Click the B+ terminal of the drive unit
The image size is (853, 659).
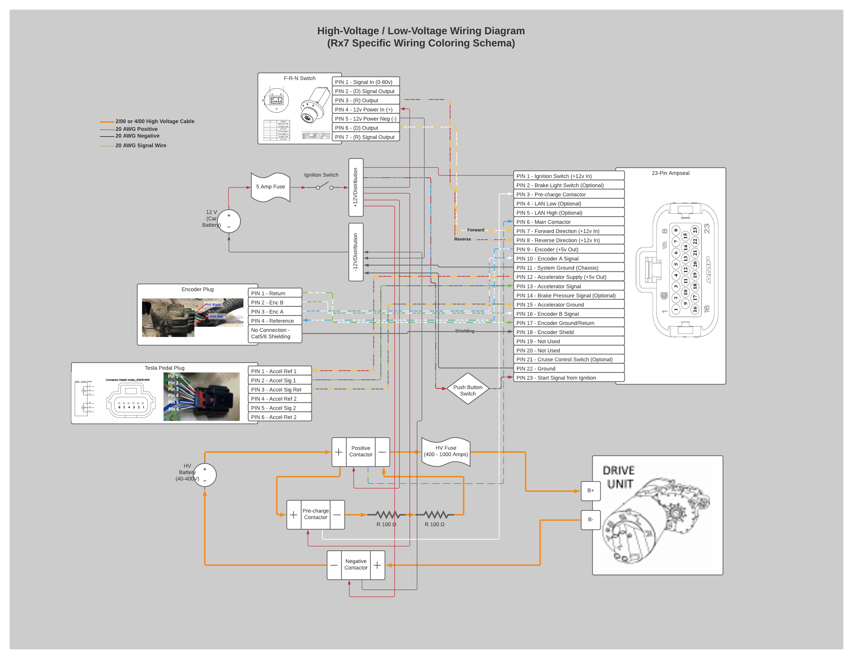point(591,491)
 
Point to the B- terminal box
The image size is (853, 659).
point(591,520)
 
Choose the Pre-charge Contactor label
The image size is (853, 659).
point(316,514)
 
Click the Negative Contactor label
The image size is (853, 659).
point(356,564)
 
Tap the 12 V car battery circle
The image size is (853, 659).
point(229,221)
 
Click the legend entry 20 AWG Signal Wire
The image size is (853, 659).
point(141,145)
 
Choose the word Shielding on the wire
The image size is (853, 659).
point(464,331)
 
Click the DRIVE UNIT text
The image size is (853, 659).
point(619,477)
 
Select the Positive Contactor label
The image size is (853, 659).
point(360,451)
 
